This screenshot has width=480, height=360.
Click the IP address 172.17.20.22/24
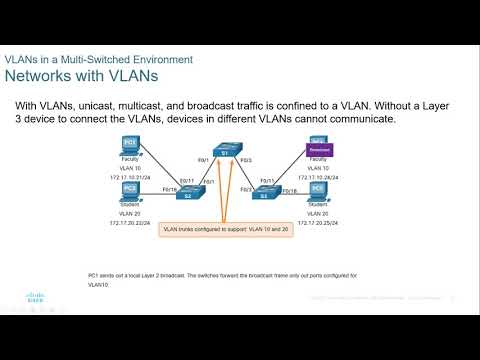pyautogui.click(x=129, y=222)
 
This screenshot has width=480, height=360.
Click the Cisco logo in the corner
pyautogui.click(x=24, y=297)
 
